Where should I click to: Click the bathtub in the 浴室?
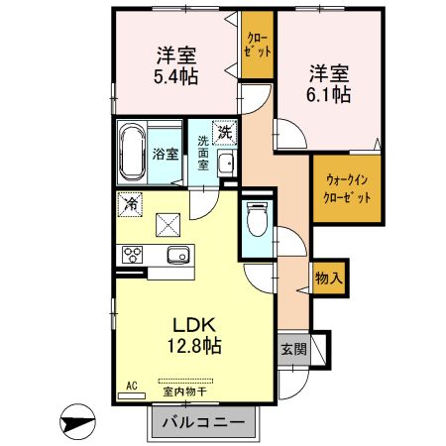point(133,155)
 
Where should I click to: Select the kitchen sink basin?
point(178,254)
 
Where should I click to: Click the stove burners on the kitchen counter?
point(133,255)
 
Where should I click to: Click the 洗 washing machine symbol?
point(226,132)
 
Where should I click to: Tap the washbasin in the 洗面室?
point(225,166)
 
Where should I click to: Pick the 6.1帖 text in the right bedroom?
point(328,95)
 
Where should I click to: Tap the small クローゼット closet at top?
point(257,44)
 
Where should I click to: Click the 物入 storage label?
point(329,279)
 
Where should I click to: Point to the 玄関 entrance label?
point(292,350)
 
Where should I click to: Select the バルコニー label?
point(210,423)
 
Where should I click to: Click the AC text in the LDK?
point(130,385)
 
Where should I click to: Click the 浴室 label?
point(166,154)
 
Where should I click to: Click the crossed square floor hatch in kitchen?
point(167,225)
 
